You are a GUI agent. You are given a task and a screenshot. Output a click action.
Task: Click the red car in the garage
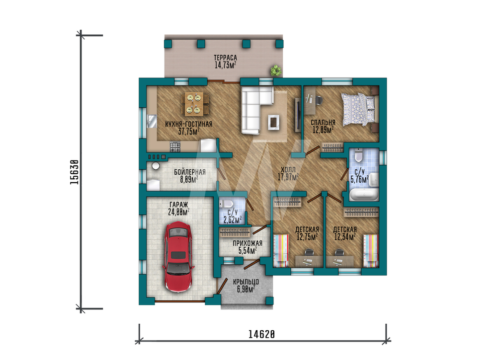point(177,257)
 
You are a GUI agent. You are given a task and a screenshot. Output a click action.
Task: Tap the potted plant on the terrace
point(276,71)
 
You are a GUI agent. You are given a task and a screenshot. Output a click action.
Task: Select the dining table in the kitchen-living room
point(194,104)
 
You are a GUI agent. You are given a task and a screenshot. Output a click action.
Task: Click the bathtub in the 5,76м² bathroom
point(364,195)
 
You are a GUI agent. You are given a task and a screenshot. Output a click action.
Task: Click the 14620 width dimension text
point(261,334)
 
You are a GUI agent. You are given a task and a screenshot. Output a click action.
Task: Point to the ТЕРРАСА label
point(225,58)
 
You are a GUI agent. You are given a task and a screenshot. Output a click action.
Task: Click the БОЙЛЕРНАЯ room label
point(189,172)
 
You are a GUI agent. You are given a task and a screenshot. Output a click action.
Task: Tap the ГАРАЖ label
point(178,205)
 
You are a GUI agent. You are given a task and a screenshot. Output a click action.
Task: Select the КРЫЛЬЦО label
point(246,282)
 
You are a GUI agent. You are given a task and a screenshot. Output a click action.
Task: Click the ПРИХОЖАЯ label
point(247,243)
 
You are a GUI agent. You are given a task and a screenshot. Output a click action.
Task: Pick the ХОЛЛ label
point(288,170)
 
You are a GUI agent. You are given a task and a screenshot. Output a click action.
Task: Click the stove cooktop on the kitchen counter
point(175,146)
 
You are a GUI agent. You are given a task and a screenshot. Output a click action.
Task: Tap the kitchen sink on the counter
point(152,121)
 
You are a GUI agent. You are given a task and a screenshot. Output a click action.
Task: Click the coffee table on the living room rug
point(273,122)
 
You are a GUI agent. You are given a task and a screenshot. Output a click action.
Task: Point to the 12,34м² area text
point(344,237)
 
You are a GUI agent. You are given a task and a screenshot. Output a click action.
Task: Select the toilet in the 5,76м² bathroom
point(358,155)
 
